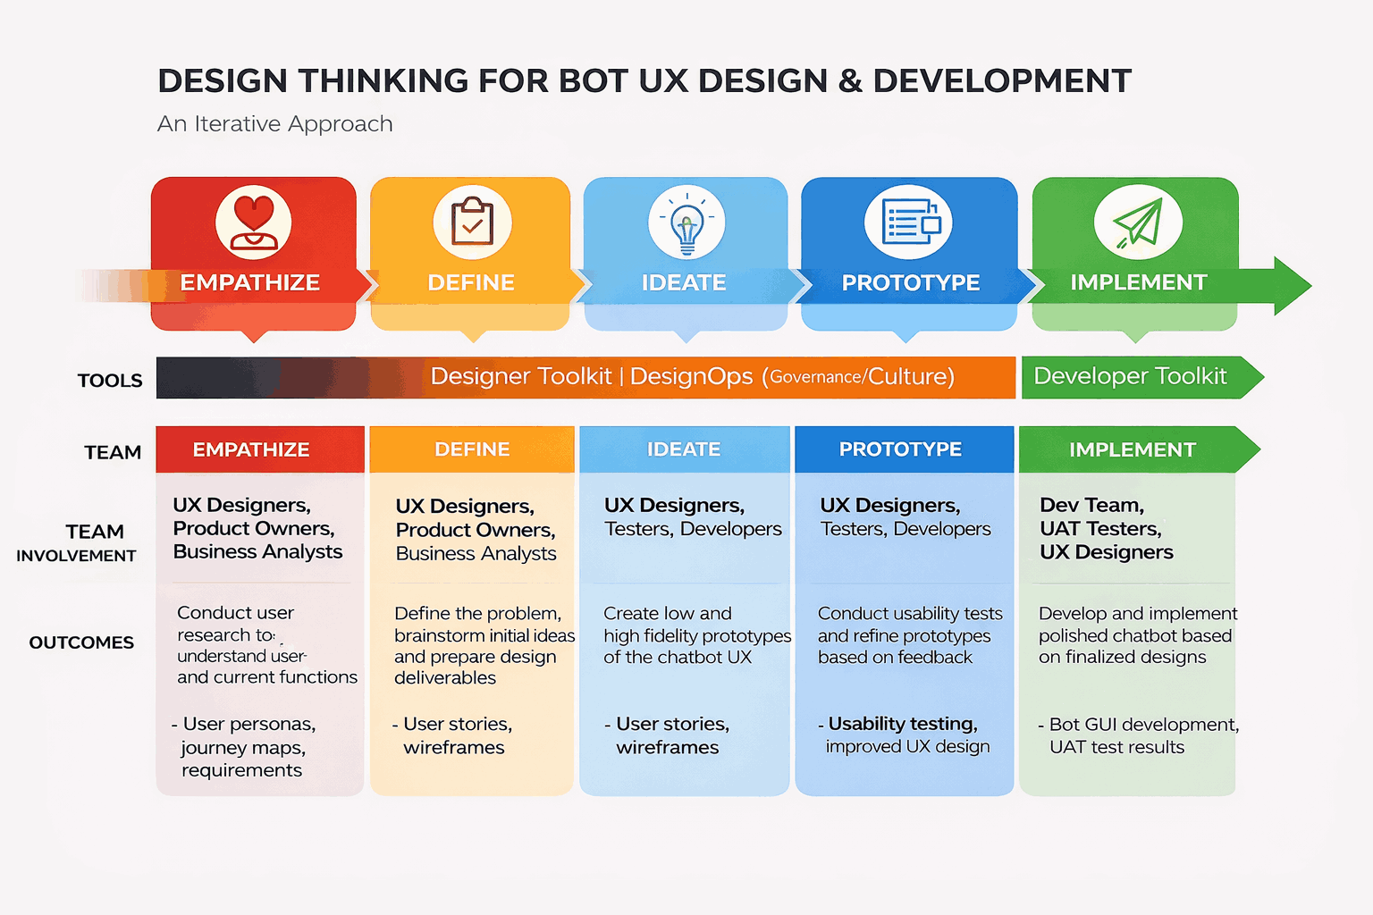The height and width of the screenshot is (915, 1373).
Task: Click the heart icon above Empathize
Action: tap(254, 222)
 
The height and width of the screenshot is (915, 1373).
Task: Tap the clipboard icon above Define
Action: tap(472, 222)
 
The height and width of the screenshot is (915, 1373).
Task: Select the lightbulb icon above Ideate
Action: tap(686, 223)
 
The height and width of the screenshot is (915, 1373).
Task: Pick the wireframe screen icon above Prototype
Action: tap(909, 222)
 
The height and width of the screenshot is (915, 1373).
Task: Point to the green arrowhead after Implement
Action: tap(1292, 286)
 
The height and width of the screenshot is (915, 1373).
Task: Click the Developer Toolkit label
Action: tap(1130, 376)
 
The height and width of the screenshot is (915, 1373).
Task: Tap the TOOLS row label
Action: tap(110, 381)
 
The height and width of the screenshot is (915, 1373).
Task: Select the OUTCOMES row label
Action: tap(81, 642)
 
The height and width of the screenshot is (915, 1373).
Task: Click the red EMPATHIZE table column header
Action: tap(251, 449)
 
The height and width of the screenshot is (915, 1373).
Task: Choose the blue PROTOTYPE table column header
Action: tap(900, 449)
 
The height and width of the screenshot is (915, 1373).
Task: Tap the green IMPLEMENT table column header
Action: tap(1132, 449)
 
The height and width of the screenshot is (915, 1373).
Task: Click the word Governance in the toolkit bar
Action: tap(815, 377)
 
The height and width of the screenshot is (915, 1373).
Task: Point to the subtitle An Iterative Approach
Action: tap(275, 123)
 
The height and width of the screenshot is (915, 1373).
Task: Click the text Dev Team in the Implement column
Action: tap(1091, 505)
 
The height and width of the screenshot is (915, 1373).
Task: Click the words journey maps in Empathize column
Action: tap(243, 747)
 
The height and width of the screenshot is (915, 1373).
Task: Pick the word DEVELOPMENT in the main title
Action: tap(1002, 81)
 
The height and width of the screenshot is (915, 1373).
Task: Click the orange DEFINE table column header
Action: tap(472, 449)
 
